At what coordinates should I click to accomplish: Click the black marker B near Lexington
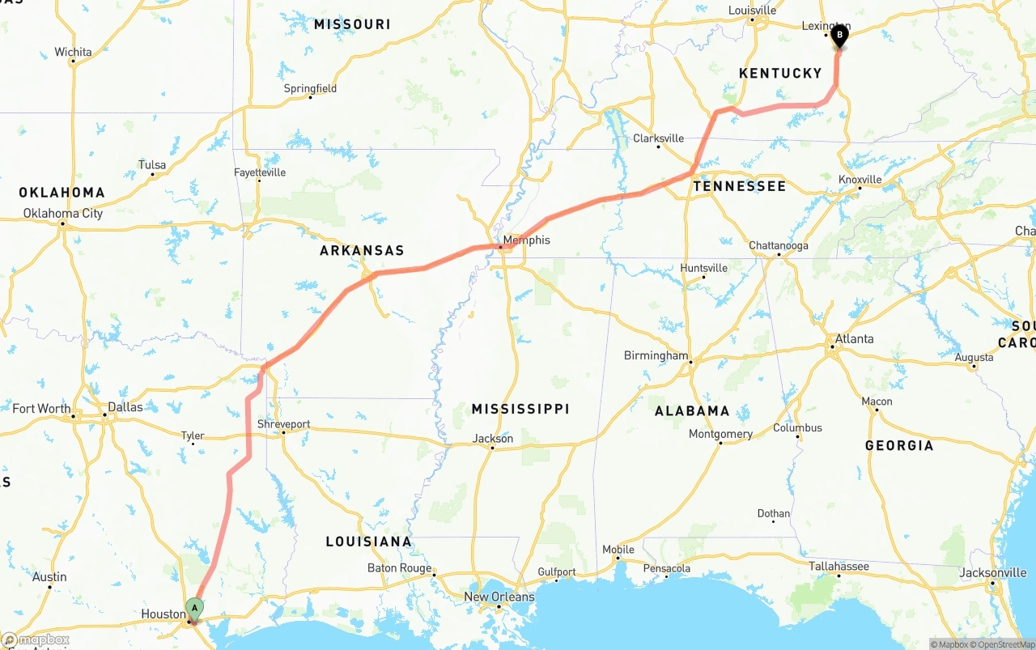(x=839, y=36)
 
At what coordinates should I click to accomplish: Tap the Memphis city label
(x=526, y=240)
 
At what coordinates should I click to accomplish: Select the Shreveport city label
(x=283, y=424)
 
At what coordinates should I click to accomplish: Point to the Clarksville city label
(x=658, y=138)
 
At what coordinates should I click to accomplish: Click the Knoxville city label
(x=860, y=180)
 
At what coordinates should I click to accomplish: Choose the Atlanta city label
(x=854, y=338)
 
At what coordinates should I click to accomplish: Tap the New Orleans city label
(x=499, y=597)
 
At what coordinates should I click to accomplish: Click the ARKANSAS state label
(x=362, y=251)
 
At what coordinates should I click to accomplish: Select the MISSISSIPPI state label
(x=520, y=409)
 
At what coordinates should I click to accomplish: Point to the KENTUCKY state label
(x=780, y=74)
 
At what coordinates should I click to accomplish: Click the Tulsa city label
(x=152, y=165)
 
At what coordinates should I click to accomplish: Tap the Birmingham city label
(x=656, y=355)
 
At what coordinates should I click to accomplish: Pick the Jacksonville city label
(x=992, y=572)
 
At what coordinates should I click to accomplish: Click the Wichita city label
(x=73, y=53)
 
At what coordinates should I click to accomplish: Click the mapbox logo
(x=36, y=639)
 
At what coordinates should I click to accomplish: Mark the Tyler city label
(x=193, y=435)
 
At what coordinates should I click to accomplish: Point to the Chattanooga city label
(x=778, y=246)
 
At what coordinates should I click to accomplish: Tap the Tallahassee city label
(x=839, y=567)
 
